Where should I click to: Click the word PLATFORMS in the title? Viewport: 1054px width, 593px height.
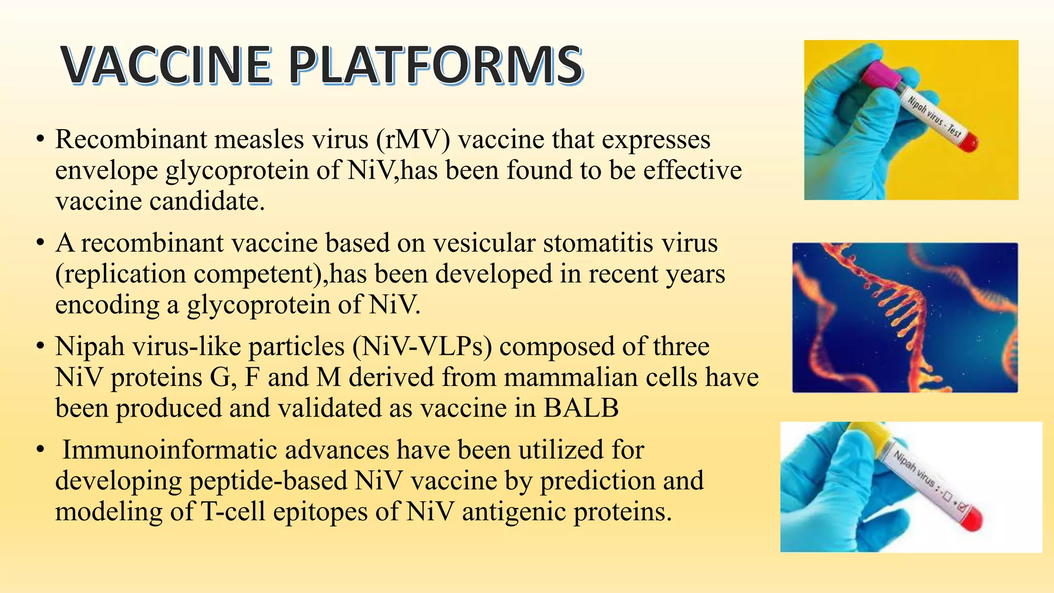435,65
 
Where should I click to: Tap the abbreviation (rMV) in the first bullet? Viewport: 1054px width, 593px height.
413,139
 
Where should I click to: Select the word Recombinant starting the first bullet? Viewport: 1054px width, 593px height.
131,139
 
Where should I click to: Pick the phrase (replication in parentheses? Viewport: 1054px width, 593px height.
120,274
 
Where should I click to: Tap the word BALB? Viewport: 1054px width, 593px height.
581,408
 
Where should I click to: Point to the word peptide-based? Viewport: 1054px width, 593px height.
268,481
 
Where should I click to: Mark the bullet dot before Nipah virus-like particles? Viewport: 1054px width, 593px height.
40,347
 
